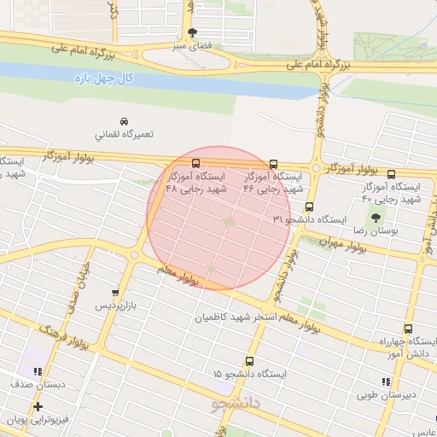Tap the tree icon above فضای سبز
click(192, 32)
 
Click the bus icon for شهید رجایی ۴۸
click(196, 163)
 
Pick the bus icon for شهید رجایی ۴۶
click(273, 164)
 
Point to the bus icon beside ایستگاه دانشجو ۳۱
click(309, 207)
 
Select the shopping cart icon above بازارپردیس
click(115, 293)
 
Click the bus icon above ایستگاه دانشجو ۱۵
click(249, 361)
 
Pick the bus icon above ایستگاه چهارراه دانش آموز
click(407, 328)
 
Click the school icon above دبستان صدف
click(37, 371)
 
